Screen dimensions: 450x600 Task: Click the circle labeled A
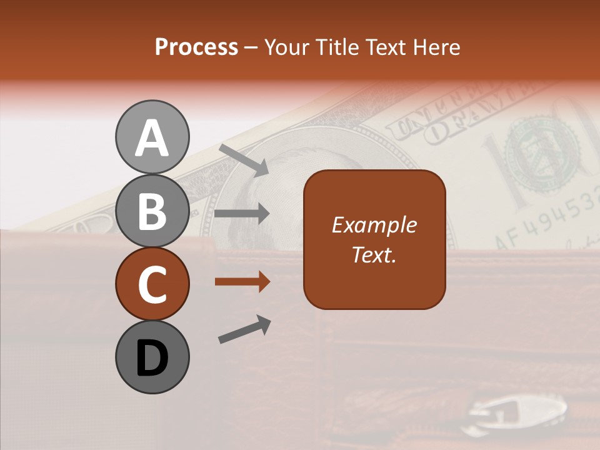point(152,137)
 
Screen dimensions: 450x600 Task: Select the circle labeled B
point(152,211)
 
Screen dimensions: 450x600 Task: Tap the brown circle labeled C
point(152,284)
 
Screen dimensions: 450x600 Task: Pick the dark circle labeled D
point(152,357)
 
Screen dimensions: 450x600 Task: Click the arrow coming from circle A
point(244,159)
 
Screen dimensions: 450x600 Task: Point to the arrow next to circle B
point(242,214)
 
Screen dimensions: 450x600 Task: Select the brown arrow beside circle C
point(242,282)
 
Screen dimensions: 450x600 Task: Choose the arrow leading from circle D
point(244,329)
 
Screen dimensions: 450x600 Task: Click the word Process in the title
point(196,47)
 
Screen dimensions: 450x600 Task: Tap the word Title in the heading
point(338,47)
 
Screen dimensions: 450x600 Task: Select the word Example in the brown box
point(374,225)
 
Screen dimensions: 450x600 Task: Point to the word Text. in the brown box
point(374,254)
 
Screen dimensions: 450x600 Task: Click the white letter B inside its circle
point(152,211)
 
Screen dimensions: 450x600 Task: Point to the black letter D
point(152,358)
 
